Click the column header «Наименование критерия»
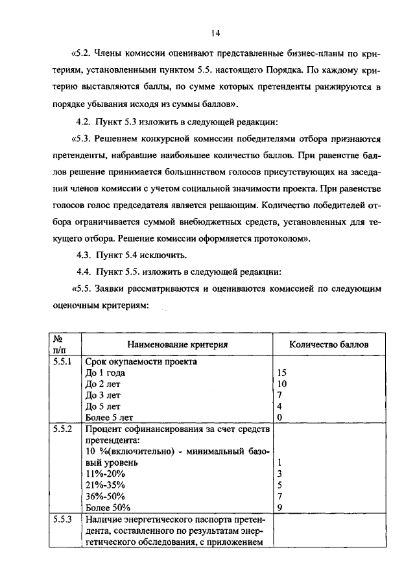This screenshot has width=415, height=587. point(177,345)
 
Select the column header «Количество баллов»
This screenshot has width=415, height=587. point(329,345)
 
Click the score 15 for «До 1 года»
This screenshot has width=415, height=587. point(281,373)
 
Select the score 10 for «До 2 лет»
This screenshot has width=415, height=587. point(281,384)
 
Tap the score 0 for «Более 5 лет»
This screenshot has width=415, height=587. point(279,418)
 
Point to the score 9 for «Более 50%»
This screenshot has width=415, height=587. point(279,507)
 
